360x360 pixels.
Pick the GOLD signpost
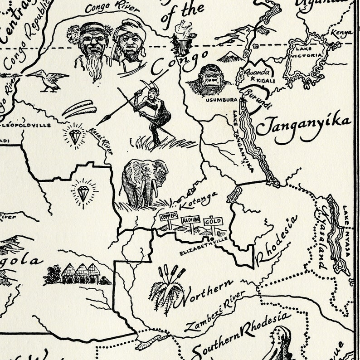pyautogui.click(x=213, y=221)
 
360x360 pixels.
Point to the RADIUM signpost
pyautogui.click(x=190, y=220)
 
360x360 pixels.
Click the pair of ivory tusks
pyautogui.click(x=79, y=109)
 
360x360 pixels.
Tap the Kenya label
pyautogui.click(x=341, y=33)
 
